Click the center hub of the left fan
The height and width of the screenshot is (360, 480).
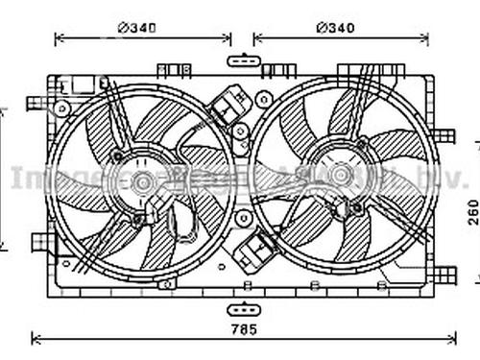(x=143, y=181)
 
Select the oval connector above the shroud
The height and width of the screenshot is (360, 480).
(x=243, y=61)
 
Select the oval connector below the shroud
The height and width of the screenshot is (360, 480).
(x=243, y=308)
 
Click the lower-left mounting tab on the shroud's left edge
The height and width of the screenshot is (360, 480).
(x=40, y=241)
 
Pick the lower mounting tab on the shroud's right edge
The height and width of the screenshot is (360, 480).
(x=444, y=275)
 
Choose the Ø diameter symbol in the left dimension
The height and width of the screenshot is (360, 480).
(x=123, y=27)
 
